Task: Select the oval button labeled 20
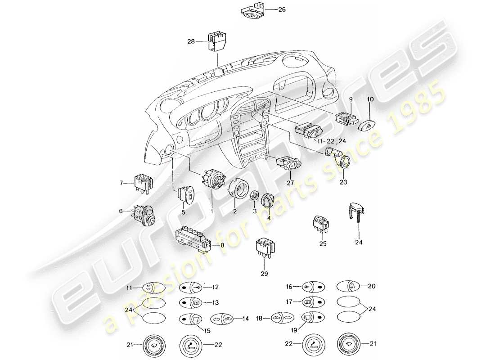click(x=348, y=286)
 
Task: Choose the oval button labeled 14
click(x=221, y=319)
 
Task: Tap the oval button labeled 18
click(x=282, y=319)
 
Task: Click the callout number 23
click(x=344, y=183)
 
